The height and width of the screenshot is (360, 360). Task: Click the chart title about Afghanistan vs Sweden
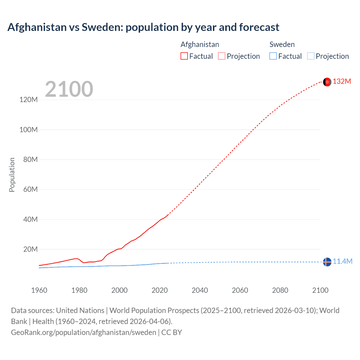click(143, 27)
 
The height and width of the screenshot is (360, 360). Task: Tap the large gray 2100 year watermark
click(69, 89)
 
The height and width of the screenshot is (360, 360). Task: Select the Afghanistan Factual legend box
click(184, 56)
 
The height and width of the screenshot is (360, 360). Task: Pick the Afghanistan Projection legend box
click(222, 56)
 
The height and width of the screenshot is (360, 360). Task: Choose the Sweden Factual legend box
click(273, 56)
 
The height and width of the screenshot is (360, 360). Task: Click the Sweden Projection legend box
click(310, 56)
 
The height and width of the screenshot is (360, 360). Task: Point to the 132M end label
click(342, 82)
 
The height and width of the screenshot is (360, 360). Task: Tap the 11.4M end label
click(342, 262)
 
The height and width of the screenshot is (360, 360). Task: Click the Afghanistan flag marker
click(327, 82)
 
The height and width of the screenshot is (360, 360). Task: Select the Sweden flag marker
click(327, 262)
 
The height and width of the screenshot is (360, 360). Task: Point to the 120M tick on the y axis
click(28, 100)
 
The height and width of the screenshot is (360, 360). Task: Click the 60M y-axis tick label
click(30, 189)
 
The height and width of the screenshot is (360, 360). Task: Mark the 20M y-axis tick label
click(30, 249)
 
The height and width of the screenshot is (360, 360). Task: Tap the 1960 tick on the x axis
click(39, 290)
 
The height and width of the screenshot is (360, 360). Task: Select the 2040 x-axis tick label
click(200, 290)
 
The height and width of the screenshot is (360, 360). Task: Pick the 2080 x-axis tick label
click(280, 290)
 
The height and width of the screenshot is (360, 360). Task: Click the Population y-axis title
click(12, 175)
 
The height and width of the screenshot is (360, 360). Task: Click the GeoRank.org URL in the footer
click(84, 332)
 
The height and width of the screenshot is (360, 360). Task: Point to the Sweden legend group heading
click(282, 44)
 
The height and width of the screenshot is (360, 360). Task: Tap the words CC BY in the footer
click(172, 332)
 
